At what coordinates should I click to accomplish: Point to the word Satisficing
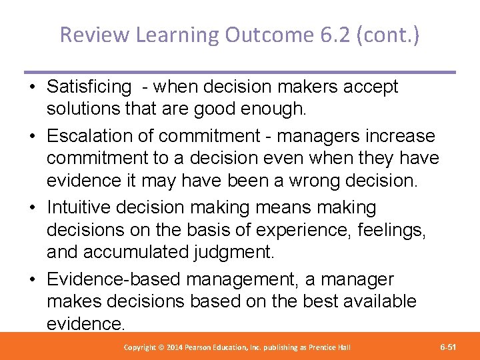[89, 87]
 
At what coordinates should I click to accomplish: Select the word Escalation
[91, 137]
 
